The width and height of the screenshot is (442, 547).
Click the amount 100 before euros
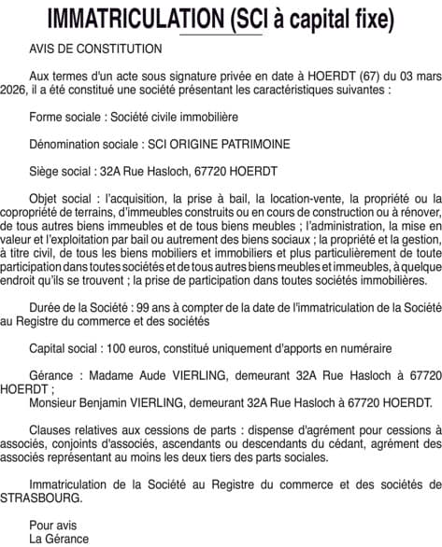115,347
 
